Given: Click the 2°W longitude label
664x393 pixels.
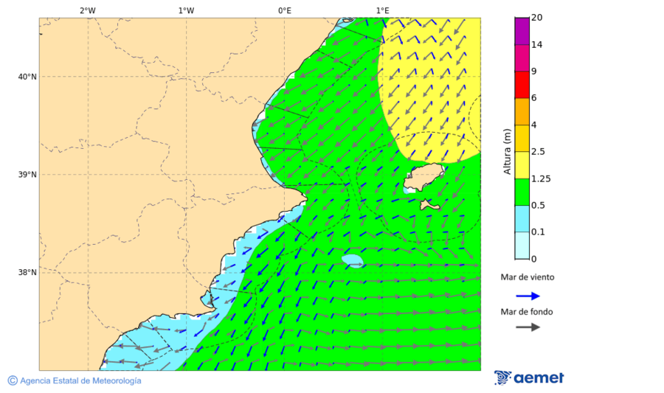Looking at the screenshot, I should [87, 10].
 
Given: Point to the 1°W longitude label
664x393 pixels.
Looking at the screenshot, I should [186, 10].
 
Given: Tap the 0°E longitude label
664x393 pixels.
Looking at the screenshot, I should [284, 10].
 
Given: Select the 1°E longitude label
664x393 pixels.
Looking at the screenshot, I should [382, 10].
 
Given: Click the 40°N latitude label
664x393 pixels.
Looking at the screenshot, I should [27, 77].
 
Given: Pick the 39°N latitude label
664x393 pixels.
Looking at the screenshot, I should [27, 175].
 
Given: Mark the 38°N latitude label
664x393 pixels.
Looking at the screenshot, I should [27, 273].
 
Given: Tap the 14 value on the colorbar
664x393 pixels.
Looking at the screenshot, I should [536, 45].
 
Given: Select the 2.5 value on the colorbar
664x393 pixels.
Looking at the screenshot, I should [538, 152].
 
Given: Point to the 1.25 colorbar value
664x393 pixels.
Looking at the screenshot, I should [540, 178].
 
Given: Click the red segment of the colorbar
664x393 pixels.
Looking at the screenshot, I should [522, 85].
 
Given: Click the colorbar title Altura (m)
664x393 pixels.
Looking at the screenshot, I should [507, 152].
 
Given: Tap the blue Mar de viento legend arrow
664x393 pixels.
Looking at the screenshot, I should [528, 296].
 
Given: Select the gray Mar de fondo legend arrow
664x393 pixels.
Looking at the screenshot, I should [528, 327].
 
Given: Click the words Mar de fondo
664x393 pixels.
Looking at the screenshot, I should [527, 312].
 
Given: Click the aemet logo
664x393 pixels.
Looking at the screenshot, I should [529, 378].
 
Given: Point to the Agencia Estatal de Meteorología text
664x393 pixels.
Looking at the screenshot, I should [80, 380].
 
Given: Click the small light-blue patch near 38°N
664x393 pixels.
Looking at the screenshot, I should [353, 260].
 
